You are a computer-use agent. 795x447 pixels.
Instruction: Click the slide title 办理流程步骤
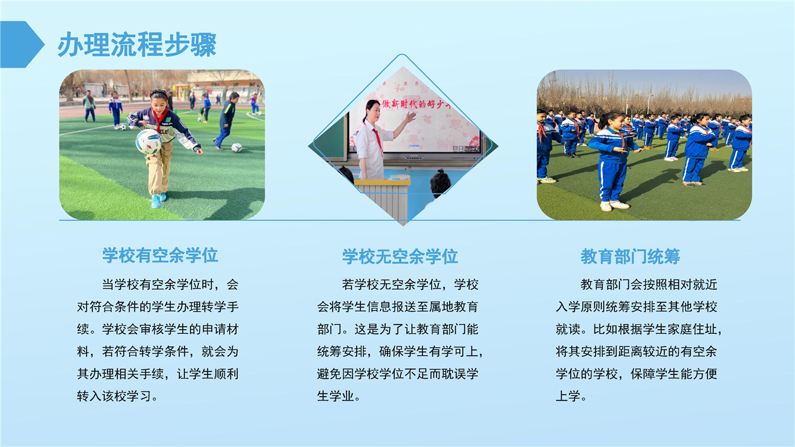point(137,45)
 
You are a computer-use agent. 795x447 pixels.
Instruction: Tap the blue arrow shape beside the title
point(21,44)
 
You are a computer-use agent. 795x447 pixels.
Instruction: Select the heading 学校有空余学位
point(160,255)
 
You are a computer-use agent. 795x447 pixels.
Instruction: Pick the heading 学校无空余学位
point(400,256)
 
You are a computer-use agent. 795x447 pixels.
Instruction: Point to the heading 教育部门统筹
point(630,256)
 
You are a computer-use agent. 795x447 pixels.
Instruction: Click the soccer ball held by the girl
point(148,142)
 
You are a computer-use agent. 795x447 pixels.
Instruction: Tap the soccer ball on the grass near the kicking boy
point(237,147)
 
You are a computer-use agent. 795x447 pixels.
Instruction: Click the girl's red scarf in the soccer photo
point(160,119)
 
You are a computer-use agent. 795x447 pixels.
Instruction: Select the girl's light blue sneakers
point(158,200)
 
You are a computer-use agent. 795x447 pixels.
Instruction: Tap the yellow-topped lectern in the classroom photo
point(383,199)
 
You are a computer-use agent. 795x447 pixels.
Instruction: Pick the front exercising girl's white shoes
point(615,205)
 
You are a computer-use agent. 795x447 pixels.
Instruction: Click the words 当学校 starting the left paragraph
point(121,284)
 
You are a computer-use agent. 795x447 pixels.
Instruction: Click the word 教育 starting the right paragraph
point(593,284)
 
